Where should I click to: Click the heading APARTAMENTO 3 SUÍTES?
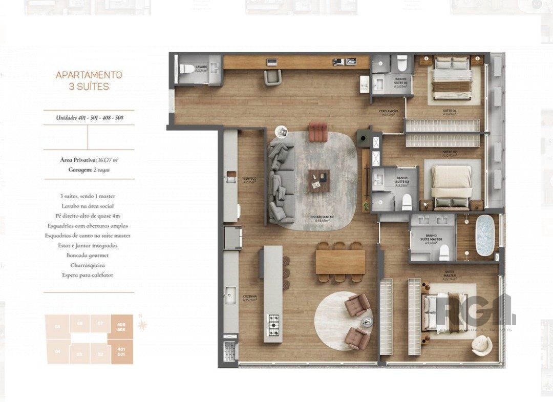click(89, 80)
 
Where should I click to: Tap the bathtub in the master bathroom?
click(484, 235)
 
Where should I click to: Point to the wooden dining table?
click(340, 262)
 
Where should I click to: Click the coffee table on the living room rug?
click(319, 180)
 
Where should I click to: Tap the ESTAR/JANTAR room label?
click(323, 218)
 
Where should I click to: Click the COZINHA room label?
click(250, 298)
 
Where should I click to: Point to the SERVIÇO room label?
click(250, 180)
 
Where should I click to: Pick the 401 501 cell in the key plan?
click(122, 351)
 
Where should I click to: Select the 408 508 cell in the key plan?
click(122, 326)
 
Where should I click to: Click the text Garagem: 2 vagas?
click(89, 170)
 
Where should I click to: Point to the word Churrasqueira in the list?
click(89, 265)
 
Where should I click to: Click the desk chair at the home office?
click(272, 77)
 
